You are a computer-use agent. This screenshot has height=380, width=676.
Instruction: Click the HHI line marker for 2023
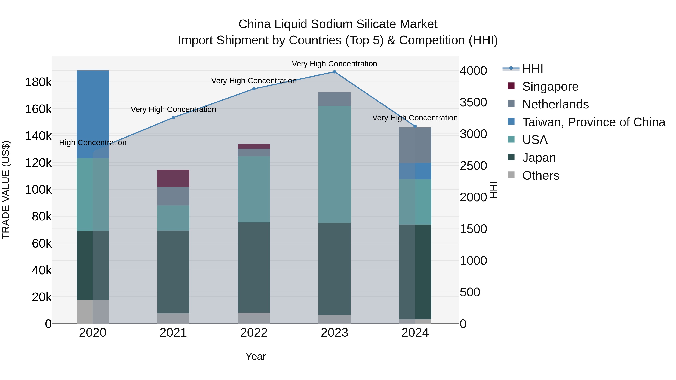pos(334,72)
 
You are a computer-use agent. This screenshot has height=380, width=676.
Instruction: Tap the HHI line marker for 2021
pos(173,118)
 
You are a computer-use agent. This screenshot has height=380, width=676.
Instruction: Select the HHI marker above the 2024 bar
pos(415,126)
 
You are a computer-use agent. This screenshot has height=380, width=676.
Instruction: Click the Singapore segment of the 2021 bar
pos(173,178)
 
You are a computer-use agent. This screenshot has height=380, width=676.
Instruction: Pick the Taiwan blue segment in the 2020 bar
pos(93,114)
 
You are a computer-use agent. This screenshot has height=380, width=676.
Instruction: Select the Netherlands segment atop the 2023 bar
pos(334,99)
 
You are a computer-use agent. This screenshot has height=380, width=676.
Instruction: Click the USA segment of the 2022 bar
pos(254,189)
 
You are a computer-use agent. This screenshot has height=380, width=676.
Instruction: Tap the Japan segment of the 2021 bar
pos(173,272)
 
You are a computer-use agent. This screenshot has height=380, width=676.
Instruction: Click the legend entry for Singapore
pos(550,87)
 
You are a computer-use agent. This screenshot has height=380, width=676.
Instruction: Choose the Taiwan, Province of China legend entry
pos(593,122)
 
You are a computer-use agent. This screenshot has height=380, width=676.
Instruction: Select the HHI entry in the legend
pos(533,69)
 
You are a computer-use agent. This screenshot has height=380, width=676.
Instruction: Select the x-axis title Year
pos(256,356)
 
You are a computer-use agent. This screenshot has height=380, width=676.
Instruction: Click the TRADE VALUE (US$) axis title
pos(6,190)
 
